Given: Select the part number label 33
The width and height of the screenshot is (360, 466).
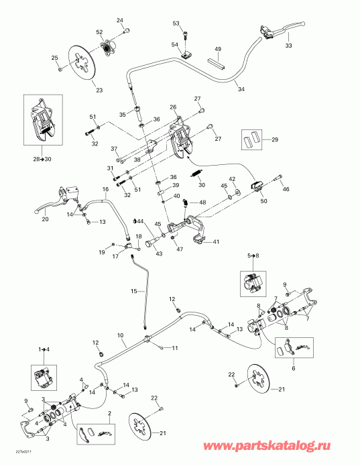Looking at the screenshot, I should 288,46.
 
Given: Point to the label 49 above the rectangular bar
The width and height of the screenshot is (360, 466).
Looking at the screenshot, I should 218,50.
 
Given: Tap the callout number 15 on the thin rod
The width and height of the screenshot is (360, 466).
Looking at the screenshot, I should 133,292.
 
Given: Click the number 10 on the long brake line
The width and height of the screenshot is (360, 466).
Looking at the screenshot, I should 121,335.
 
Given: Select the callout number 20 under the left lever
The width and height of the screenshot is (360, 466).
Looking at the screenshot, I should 46,220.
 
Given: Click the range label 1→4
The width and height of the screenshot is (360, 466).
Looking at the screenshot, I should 44,349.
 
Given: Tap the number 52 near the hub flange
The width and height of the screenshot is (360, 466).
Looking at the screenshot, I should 99,32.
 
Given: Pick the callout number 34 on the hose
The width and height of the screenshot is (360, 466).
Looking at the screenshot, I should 239,85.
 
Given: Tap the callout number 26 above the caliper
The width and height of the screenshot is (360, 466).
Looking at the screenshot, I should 172,107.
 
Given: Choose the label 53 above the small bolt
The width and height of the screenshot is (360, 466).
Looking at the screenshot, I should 176,23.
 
